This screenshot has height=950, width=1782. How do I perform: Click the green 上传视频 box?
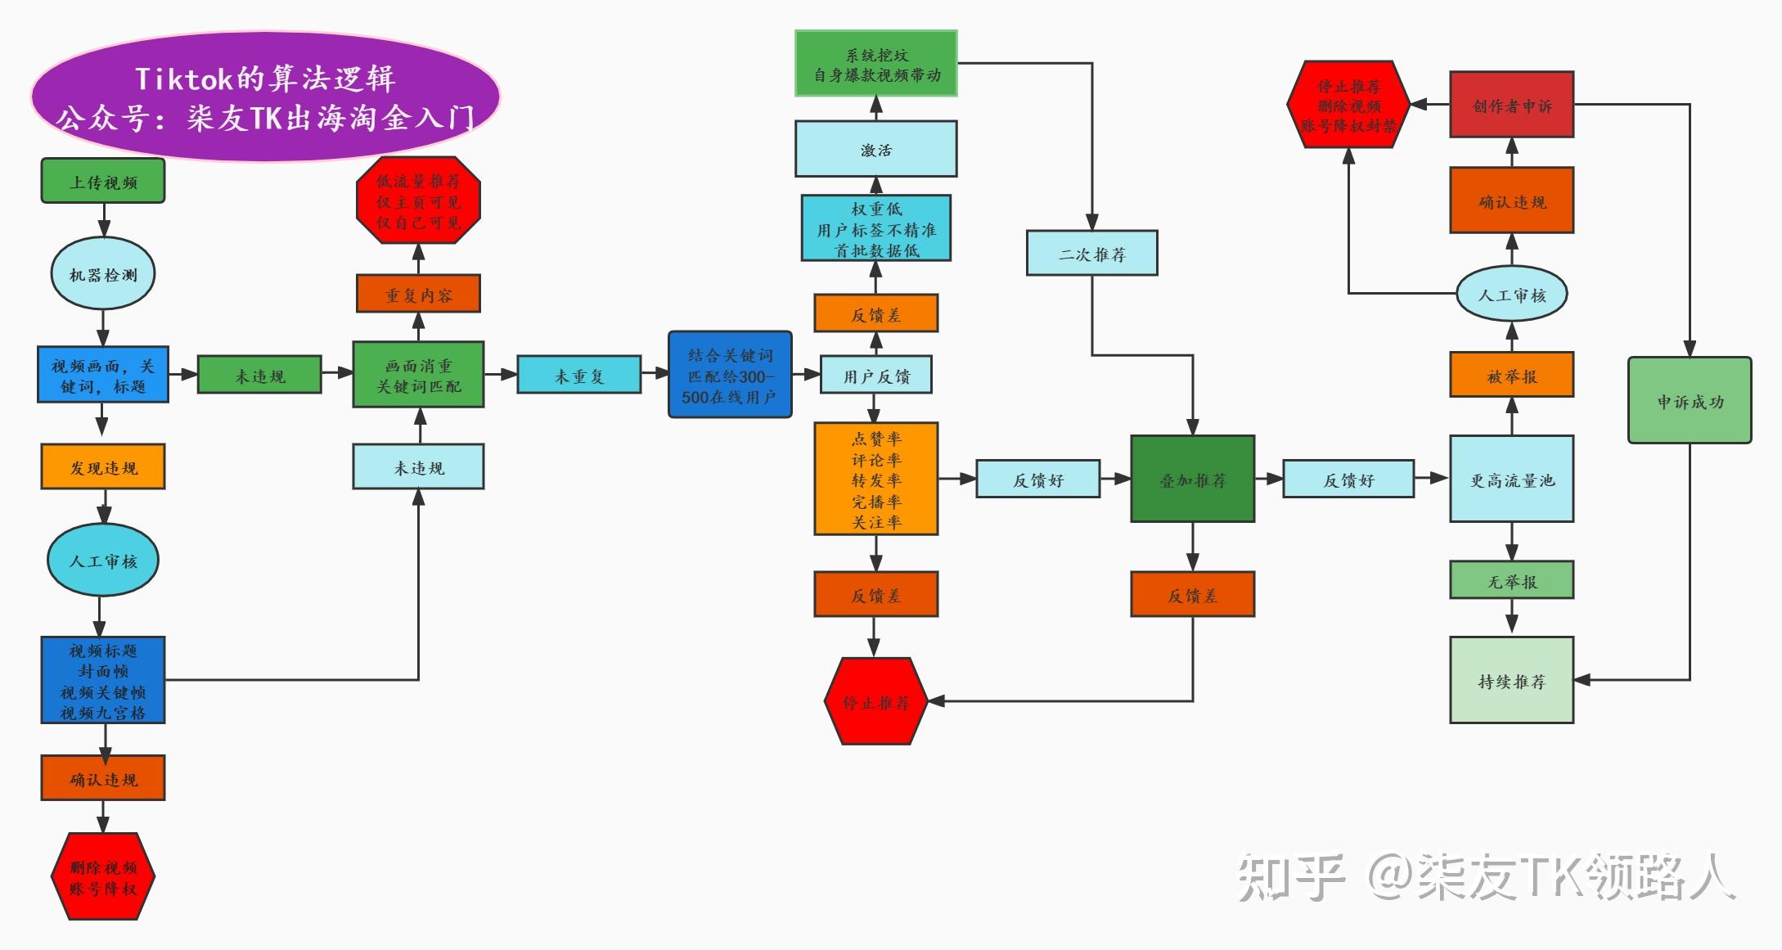pyautogui.click(x=103, y=181)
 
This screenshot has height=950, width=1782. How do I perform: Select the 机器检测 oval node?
pyautogui.click(x=103, y=274)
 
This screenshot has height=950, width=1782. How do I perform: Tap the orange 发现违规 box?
pyautogui.click(x=103, y=467)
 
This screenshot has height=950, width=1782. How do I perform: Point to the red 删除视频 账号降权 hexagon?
pyautogui.click(x=103, y=876)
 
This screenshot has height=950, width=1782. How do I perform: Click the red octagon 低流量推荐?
pyautogui.click(x=418, y=200)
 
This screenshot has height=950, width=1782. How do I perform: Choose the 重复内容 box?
pyautogui.click(x=418, y=295)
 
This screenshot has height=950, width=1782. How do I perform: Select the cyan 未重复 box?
pyautogui.click(x=578, y=376)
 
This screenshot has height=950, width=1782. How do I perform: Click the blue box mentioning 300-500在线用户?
pyautogui.click(x=730, y=376)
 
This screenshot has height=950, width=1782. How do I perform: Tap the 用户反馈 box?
pyautogui.click(x=875, y=376)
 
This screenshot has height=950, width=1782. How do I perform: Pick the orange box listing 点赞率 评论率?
pyautogui.click(x=875, y=480)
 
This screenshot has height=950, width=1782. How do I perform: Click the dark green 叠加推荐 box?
pyautogui.click(x=1192, y=480)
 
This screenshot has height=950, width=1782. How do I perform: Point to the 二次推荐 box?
pyautogui.click(x=1091, y=254)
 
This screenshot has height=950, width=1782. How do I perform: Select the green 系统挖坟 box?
pyautogui.click(x=875, y=64)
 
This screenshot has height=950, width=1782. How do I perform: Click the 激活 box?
pyautogui.click(x=875, y=150)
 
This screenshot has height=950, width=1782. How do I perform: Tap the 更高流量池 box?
pyautogui.click(x=1511, y=480)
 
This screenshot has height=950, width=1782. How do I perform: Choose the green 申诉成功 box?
pyautogui.click(x=1690, y=401)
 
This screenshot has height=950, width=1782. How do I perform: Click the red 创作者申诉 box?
pyautogui.click(x=1511, y=105)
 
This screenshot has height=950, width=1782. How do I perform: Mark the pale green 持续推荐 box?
pyautogui.click(x=1511, y=681)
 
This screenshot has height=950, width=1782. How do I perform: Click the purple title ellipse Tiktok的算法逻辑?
pyautogui.click(x=265, y=97)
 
